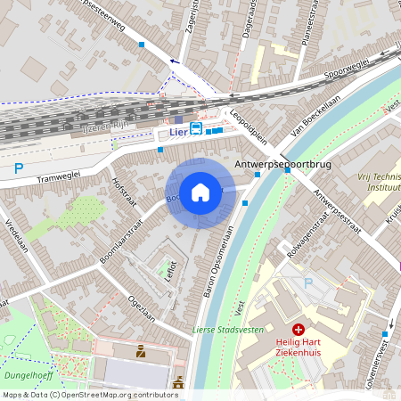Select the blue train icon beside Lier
click(x=195, y=132)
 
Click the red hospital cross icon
click(x=299, y=330)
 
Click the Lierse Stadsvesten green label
click(x=225, y=331)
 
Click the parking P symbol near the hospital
click(x=309, y=283)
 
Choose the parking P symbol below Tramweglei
click(x=19, y=168)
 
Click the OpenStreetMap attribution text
click(x=90, y=394)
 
